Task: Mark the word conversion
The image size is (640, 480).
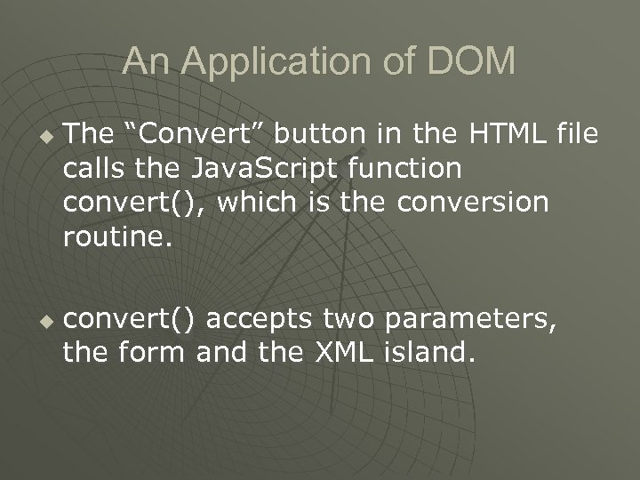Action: click(475, 202)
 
